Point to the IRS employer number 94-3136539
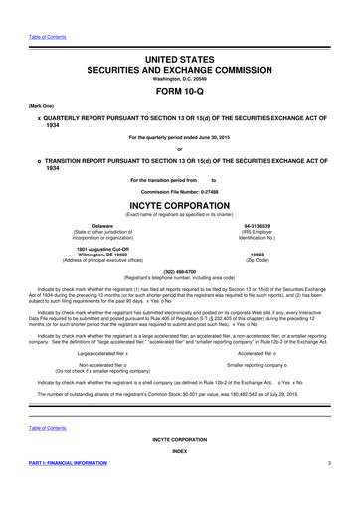(x=264, y=227)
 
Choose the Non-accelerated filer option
(x=109, y=366)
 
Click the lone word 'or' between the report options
(x=180, y=151)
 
